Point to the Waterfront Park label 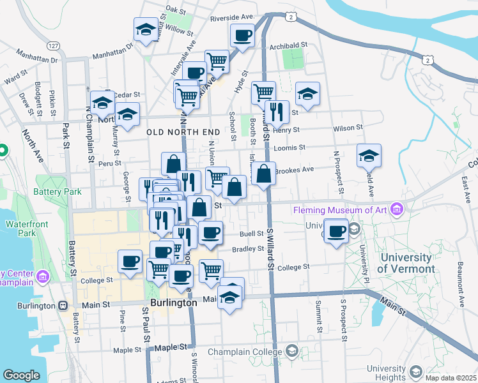[23, 229]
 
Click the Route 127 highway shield [54, 46]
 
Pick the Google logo [21, 375]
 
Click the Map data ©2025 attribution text [450, 378]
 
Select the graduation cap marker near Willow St [146, 29]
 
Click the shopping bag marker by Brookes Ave [263, 173]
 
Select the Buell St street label [252, 234]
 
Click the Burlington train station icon [64, 306]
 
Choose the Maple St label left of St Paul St [127, 350]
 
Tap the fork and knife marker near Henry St [276, 112]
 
